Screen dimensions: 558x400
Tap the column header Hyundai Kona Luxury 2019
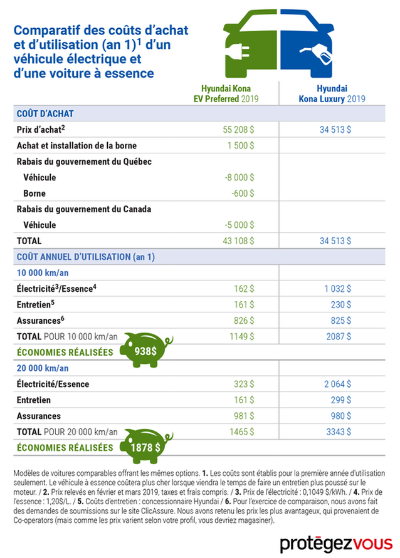click(x=332, y=93)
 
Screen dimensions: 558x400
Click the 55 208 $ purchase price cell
click(x=238, y=129)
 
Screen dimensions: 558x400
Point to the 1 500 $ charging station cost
click(x=241, y=145)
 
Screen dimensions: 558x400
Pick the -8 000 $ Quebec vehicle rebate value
click(x=239, y=177)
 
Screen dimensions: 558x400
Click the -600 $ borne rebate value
click(x=243, y=193)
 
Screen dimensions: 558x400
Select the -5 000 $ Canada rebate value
click(x=239, y=225)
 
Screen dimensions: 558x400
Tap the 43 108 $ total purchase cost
click(x=238, y=240)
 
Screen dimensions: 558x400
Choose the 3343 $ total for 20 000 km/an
click(x=339, y=432)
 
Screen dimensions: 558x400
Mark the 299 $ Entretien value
click(x=341, y=400)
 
